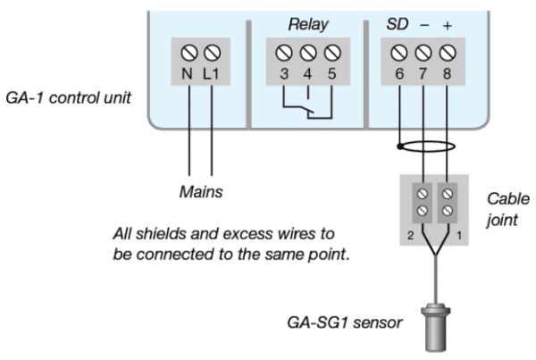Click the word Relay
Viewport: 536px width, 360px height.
[x=306, y=24]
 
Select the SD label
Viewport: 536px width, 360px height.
[x=397, y=24]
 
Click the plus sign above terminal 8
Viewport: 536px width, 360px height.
[x=446, y=25]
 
